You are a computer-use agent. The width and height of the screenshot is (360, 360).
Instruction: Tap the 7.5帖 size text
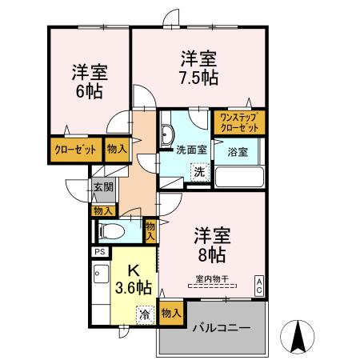(x=198, y=78)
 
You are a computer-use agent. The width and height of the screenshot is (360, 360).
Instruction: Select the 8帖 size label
(x=212, y=255)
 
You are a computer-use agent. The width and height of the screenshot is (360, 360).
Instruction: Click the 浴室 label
(x=238, y=151)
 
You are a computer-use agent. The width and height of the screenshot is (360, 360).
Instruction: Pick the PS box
(x=101, y=252)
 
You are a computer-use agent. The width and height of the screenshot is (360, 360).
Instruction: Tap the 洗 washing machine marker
(x=198, y=171)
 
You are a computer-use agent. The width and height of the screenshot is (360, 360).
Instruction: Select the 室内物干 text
(x=212, y=279)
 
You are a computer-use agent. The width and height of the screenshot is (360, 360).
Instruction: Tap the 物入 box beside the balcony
(x=171, y=312)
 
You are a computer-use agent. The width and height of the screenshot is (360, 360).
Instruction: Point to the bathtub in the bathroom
(x=241, y=176)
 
